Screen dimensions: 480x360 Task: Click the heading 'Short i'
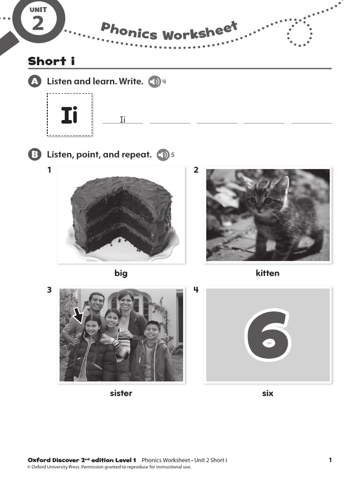51,61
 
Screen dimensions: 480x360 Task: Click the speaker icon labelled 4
154,82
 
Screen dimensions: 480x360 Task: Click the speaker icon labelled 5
163,155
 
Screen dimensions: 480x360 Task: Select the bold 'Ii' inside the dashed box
69,115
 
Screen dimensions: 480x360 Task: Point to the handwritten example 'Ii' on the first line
123,120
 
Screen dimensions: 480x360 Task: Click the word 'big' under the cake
121,273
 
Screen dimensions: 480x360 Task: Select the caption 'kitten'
268,273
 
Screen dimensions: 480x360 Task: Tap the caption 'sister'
121,393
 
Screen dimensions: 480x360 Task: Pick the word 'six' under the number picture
268,393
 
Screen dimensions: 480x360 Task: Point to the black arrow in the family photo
78,315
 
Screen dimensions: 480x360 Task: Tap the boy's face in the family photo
152,330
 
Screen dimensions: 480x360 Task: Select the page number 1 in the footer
330,460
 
